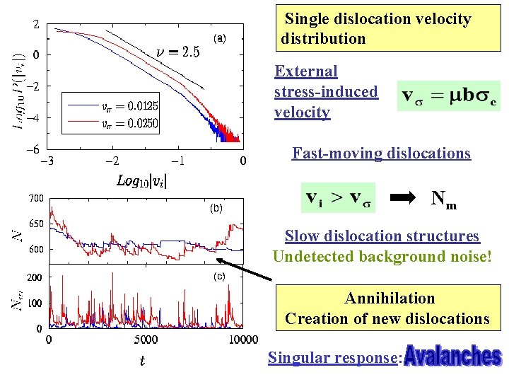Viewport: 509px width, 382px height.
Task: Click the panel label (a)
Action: point(220,37)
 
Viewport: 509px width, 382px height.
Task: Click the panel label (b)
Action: point(215,209)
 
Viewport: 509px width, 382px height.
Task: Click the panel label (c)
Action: point(220,277)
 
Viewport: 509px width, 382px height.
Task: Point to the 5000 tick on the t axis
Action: point(144,340)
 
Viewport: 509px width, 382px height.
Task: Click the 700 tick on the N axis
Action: point(36,199)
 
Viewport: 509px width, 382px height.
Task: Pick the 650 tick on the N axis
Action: point(36,224)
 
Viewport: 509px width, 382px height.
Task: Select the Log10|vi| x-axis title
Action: point(141,180)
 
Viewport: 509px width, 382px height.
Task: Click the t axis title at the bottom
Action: point(142,361)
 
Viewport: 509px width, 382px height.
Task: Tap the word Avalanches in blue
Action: point(453,356)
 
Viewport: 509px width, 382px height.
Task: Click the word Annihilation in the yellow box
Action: point(390,299)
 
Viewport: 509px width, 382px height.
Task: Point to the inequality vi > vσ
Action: point(339,197)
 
